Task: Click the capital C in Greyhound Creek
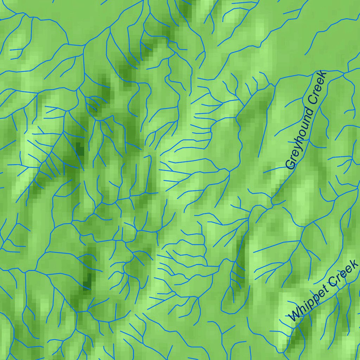(312, 101)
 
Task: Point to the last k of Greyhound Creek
(323, 75)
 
